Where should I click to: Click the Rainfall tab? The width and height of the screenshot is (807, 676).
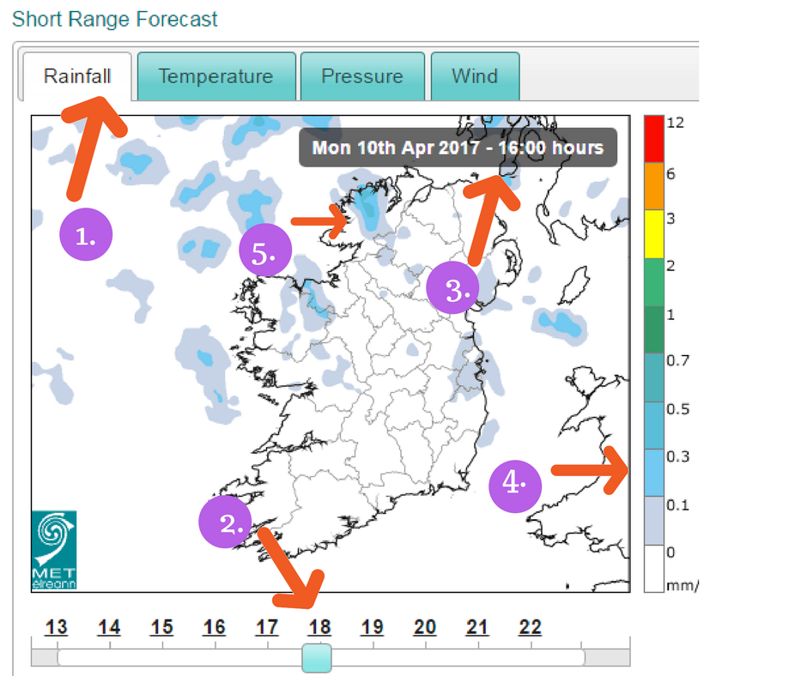pos(77,76)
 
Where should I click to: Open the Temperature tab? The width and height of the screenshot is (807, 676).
pos(215,76)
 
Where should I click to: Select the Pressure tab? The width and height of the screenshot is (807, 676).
pos(361,76)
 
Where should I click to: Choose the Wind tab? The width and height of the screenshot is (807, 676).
pos(475,76)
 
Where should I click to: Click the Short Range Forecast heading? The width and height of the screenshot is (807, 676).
pos(115,19)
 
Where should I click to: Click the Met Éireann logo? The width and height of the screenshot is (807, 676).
pos(54,550)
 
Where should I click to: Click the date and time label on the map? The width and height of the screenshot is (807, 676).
pos(458,148)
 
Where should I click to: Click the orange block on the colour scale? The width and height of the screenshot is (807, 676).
pos(653,185)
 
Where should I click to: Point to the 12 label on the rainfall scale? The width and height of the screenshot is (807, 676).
pos(675,123)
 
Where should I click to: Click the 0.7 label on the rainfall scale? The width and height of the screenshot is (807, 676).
pos(678,360)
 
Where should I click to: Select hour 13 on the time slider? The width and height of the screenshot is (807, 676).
pos(57,628)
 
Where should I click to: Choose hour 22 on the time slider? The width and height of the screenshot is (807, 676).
pos(530,628)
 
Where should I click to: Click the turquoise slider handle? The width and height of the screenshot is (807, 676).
pos(317,659)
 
